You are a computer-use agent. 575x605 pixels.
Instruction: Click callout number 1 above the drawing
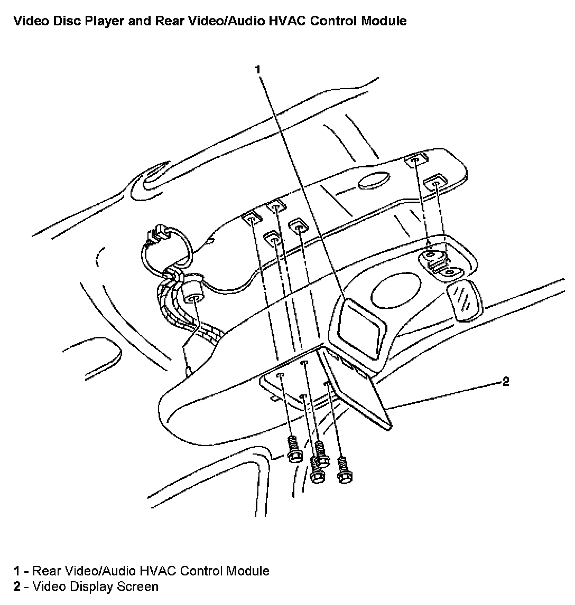258,70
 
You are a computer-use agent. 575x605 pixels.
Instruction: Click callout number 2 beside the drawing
506,382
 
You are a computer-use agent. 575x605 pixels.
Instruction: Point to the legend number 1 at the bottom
17,571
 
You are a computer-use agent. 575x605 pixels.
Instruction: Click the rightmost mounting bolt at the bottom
345,470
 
